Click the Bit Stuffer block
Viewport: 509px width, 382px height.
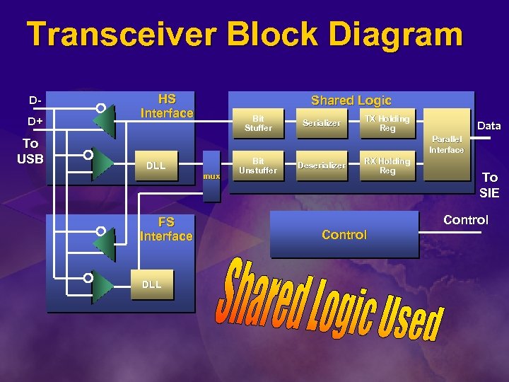[258, 124]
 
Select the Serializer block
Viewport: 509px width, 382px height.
[322, 124]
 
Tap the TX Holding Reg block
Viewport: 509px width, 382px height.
[387, 124]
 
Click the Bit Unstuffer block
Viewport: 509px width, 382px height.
[258, 166]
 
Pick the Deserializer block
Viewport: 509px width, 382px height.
[322, 166]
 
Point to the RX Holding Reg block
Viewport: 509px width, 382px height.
[387, 166]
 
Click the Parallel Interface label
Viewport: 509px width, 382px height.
[446, 145]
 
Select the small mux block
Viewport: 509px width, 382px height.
[211, 175]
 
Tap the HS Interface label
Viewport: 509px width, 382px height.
[167, 106]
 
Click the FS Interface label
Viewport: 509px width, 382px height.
[166, 229]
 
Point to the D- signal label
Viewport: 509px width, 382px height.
[35, 100]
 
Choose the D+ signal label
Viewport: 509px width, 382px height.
[35, 122]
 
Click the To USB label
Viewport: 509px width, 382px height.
[30, 151]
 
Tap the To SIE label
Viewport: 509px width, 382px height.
[489, 185]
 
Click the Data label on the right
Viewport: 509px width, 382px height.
[489, 126]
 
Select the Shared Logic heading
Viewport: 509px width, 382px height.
[351, 100]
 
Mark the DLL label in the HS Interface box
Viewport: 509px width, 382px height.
[156, 166]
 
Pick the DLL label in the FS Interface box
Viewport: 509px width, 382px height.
[151, 284]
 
